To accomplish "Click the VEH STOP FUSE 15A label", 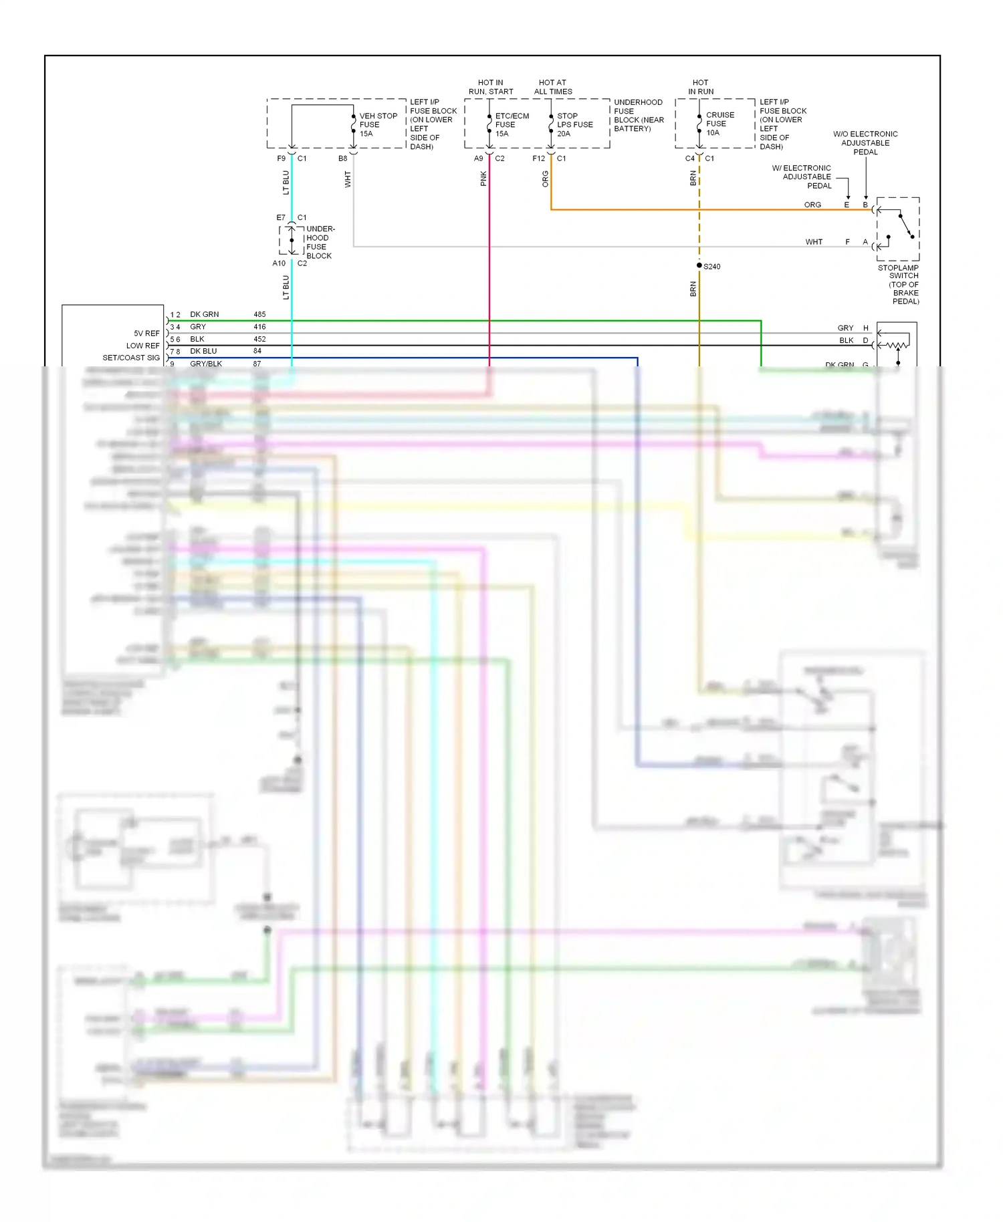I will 378,125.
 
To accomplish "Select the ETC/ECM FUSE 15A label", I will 512,125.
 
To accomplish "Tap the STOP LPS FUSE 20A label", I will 574,125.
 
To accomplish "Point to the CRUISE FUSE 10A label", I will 719,124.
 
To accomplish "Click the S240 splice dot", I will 699,265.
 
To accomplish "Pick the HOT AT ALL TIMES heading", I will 553,87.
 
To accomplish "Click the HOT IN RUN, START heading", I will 491,87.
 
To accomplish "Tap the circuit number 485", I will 259,314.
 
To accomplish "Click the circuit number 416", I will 259,327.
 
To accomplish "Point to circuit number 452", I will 259,339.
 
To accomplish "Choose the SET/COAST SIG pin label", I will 131,358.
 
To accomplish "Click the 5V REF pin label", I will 146,333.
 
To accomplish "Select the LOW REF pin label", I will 143,346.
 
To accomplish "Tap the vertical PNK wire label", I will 483,178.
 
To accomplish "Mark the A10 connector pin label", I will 279,263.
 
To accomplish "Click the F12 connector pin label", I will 538,158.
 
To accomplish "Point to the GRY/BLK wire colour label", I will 206,364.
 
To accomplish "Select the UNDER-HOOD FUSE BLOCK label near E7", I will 320,242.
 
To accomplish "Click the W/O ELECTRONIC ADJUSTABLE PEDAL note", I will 865,143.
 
